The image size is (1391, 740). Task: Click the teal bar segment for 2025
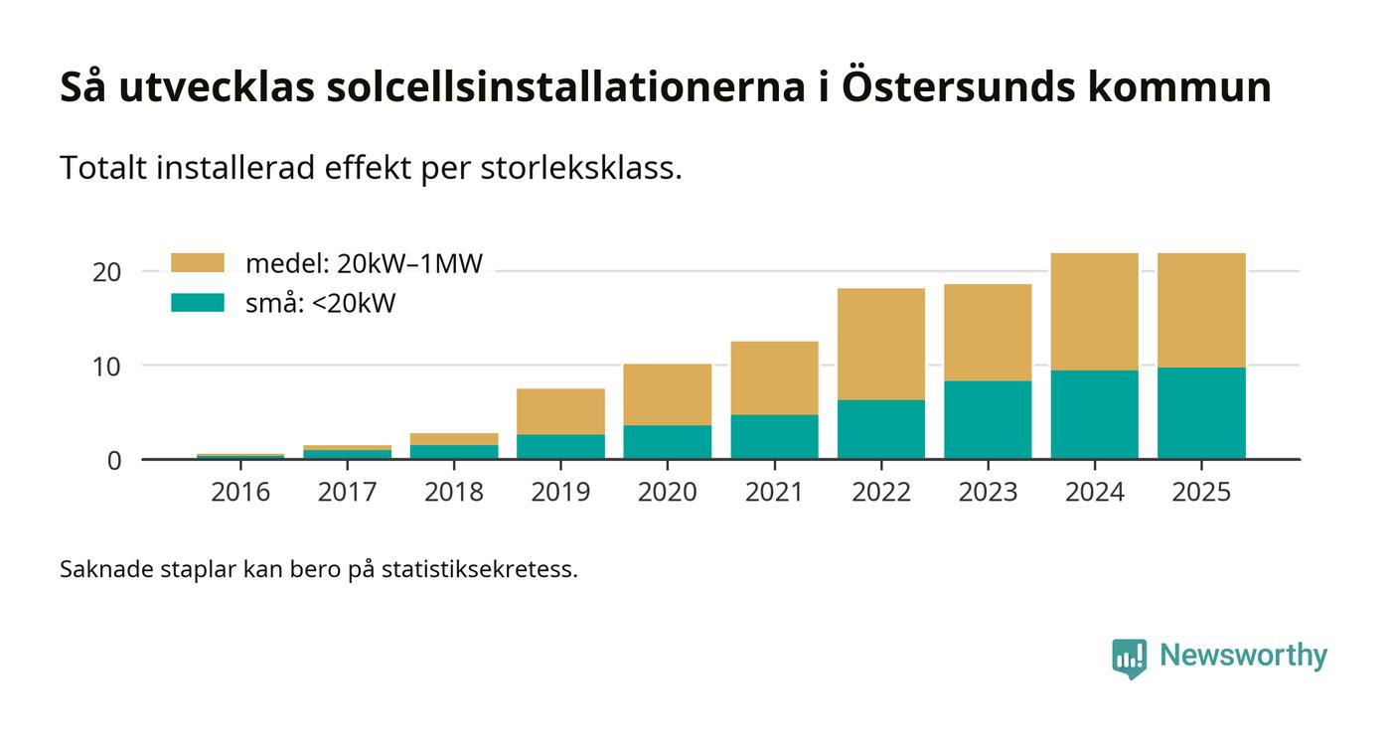(x=1201, y=413)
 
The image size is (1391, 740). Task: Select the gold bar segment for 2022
(x=880, y=344)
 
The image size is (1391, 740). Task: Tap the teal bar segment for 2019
(x=560, y=446)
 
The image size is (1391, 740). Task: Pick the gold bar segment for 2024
(x=1094, y=312)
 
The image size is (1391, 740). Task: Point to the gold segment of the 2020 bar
(x=667, y=394)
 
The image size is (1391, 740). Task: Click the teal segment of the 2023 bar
(x=988, y=419)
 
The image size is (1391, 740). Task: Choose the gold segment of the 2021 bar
(x=774, y=377)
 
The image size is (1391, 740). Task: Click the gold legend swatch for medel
(x=198, y=263)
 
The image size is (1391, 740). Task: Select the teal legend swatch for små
(x=198, y=303)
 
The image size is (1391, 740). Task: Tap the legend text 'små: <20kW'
(x=320, y=303)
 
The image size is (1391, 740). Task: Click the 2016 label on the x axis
(x=240, y=492)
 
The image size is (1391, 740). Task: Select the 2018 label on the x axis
(x=454, y=492)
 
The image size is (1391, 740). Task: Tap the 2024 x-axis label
(x=1094, y=492)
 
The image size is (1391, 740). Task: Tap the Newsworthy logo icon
(x=1129, y=658)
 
